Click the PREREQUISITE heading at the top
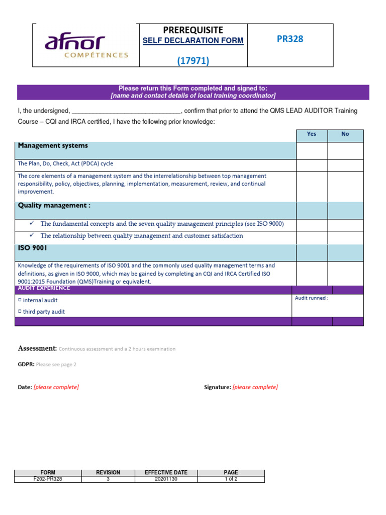[x=193, y=30]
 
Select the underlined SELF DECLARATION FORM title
[x=193, y=41]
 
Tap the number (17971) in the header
[x=193, y=61]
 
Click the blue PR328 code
[x=290, y=39]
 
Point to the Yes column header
[x=312, y=134]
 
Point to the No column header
[x=345, y=134]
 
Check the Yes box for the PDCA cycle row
[x=312, y=164]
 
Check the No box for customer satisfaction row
[x=345, y=236]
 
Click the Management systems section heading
[x=53, y=146]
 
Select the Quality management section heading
[x=54, y=206]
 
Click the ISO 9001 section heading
[x=33, y=248]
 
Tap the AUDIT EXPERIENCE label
[x=44, y=289]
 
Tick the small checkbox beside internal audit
[x=20, y=300]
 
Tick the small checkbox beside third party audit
[x=20, y=311]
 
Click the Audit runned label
[x=312, y=298]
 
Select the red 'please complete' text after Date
[x=56, y=387]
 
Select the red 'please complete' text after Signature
[x=255, y=387]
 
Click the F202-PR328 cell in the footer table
[x=48, y=479]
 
